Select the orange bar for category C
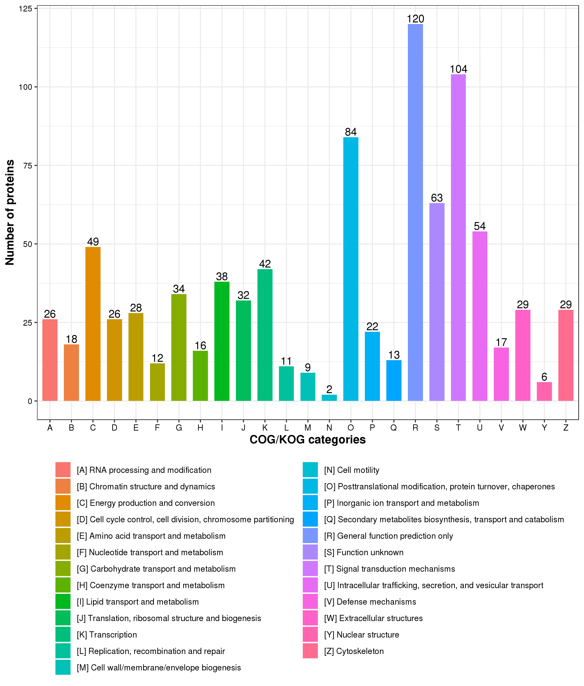tap(93, 324)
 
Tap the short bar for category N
tap(329, 398)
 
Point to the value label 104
tap(458, 69)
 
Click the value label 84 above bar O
tap(351, 132)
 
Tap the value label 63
tap(437, 198)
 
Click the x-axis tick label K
tap(265, 428)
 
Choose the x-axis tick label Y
tap(544, 428)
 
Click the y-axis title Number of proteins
tap(10, 212)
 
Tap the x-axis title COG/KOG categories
tap(308, 440)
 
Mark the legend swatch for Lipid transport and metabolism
tap(63, 601)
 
